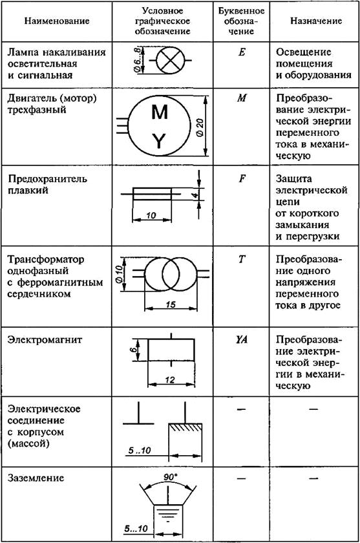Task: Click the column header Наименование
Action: (57, 21)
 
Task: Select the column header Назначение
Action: (315, 21)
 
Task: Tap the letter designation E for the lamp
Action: (242, 52)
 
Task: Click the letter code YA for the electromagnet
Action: (242, 340)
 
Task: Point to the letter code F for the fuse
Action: (242, 178)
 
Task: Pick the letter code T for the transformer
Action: (242, 259)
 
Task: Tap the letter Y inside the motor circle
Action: (159, 142)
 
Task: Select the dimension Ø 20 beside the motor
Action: (200, 128)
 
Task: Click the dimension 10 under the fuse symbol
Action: (151, 215)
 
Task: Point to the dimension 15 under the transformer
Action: (171, 304)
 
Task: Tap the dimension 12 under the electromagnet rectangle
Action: (170, 380)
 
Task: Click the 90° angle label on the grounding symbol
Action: (170, 477)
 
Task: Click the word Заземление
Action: (36, 478)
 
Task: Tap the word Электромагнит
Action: (45, 340)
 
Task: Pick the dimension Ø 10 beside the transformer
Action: (119, 274)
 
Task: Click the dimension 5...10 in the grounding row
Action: (136, 529)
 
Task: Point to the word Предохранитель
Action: (47, 179)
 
